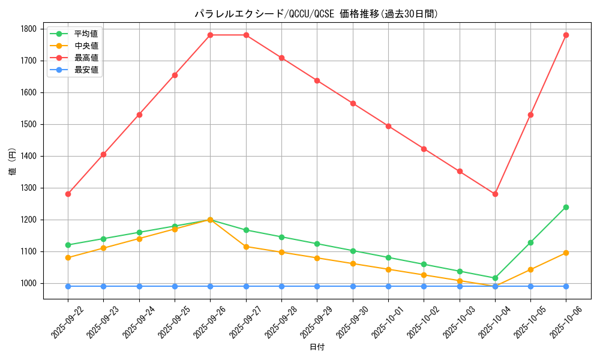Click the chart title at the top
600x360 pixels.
(316, 14)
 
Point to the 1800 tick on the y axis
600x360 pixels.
(29, 29)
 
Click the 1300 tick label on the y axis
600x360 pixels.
(29, 188)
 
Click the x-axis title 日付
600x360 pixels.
(316, 347)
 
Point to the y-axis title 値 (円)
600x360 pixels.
(13, 163)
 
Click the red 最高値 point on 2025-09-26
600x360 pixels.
(210, 35)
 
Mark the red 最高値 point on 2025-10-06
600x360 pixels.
(566, 35)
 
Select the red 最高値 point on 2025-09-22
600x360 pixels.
(68, 194)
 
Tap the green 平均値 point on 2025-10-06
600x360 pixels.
(566, 207)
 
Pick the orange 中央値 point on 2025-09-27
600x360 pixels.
(246, 247)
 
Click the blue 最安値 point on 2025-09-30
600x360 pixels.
(353, 286)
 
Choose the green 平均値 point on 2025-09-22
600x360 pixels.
(68, 245)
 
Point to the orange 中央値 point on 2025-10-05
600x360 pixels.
(530, 269)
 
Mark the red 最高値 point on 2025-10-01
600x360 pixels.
(388, 126)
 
